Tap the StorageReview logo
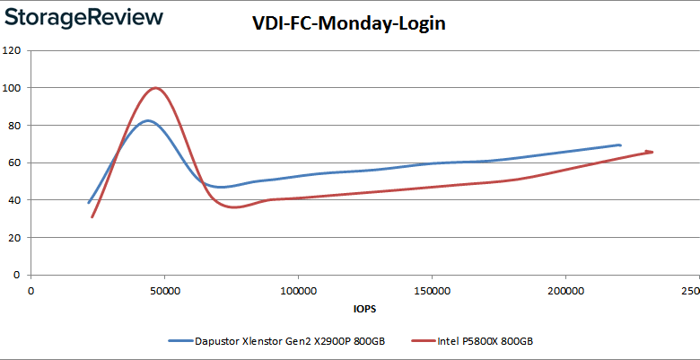(83, 17)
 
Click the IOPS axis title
(364, 309)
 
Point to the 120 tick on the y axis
(13, 50)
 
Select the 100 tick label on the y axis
(13, 88)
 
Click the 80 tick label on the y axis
(15, 126)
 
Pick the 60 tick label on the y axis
(15, 162)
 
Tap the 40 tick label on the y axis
(15, 200)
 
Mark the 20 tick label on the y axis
(15, 238)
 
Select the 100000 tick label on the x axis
(297, 292)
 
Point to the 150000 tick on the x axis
(431, 292)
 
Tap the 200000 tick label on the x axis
(564, 292)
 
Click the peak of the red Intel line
(156, 88)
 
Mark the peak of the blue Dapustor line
(148, 120)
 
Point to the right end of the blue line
(620, 145)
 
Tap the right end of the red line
(652, 152)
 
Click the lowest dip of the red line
(235, 207)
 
